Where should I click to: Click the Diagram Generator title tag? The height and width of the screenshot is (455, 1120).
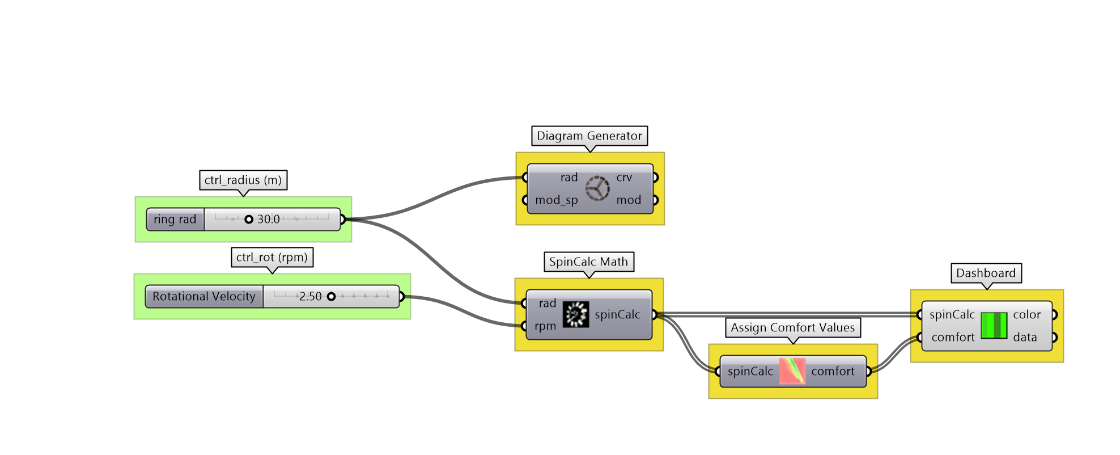(589, 136)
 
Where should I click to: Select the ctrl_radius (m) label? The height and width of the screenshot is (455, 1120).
(243, 180)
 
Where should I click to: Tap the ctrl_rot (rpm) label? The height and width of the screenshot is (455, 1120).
(272, 257)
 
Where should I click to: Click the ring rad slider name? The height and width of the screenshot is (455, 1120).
(175, 219)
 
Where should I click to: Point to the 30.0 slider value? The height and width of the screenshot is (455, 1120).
(268, 219)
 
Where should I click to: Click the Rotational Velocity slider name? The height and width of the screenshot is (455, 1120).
(204, 296)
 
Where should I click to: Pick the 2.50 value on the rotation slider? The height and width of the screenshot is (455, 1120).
(310, 296)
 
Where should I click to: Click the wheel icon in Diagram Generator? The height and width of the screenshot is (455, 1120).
(597, 188)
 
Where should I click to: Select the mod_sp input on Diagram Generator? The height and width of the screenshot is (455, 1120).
(556, 200)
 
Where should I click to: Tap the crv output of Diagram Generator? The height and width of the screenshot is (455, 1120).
(625, 177)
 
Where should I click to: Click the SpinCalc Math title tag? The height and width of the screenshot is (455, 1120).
(588, 262)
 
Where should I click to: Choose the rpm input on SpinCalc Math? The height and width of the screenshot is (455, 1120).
(545, 326)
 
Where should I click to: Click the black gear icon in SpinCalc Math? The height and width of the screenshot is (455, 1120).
(575, 314)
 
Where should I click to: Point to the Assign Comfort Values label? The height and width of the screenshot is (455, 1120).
(792, 327)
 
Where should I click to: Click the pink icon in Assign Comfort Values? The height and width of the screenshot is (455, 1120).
(792, 371)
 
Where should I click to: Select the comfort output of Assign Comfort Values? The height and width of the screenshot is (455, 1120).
(833, 371)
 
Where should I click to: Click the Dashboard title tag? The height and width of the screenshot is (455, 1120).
(986, 273)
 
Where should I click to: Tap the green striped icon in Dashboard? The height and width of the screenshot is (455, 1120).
(994, 326)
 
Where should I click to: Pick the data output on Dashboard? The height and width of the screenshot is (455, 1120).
(1025, 337)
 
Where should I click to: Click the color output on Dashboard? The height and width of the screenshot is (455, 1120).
(1026, 314)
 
